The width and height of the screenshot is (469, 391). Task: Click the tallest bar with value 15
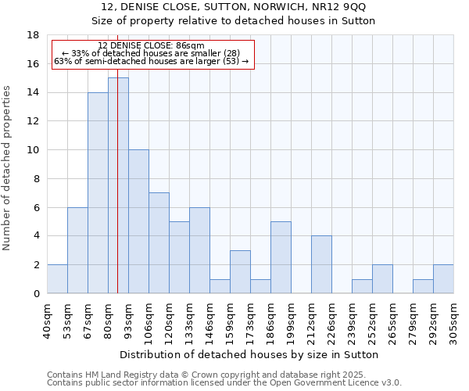tap(118, 185)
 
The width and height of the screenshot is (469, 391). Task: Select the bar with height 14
tap(98, 192)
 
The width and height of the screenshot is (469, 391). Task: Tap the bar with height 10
tap(138, 221)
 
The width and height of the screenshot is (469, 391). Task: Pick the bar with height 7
tap(159, 242)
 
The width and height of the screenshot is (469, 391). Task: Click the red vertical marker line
tap(117, 235)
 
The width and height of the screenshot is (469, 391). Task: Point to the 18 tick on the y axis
tap(33, 35)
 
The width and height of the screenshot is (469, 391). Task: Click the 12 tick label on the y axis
tap(33, 121)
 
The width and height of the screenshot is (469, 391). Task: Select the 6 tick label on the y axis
tap(36, 207)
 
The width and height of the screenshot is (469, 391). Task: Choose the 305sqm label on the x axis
tap(454, 319)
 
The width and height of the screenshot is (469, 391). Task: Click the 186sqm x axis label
tap(271, 319)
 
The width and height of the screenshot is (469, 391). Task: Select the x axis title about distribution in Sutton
tap(250, 354)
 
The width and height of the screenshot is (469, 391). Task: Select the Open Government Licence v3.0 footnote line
tap(224, 383)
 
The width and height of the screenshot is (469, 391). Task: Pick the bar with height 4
tap(321, 264)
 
